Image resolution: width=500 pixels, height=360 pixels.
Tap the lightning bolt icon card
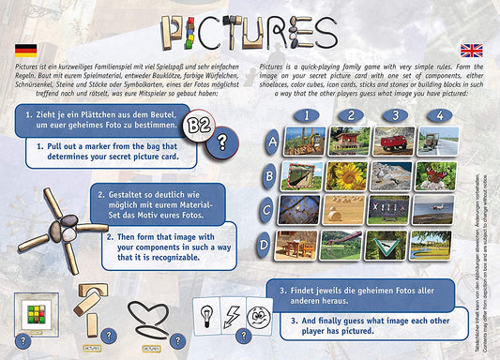233,311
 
